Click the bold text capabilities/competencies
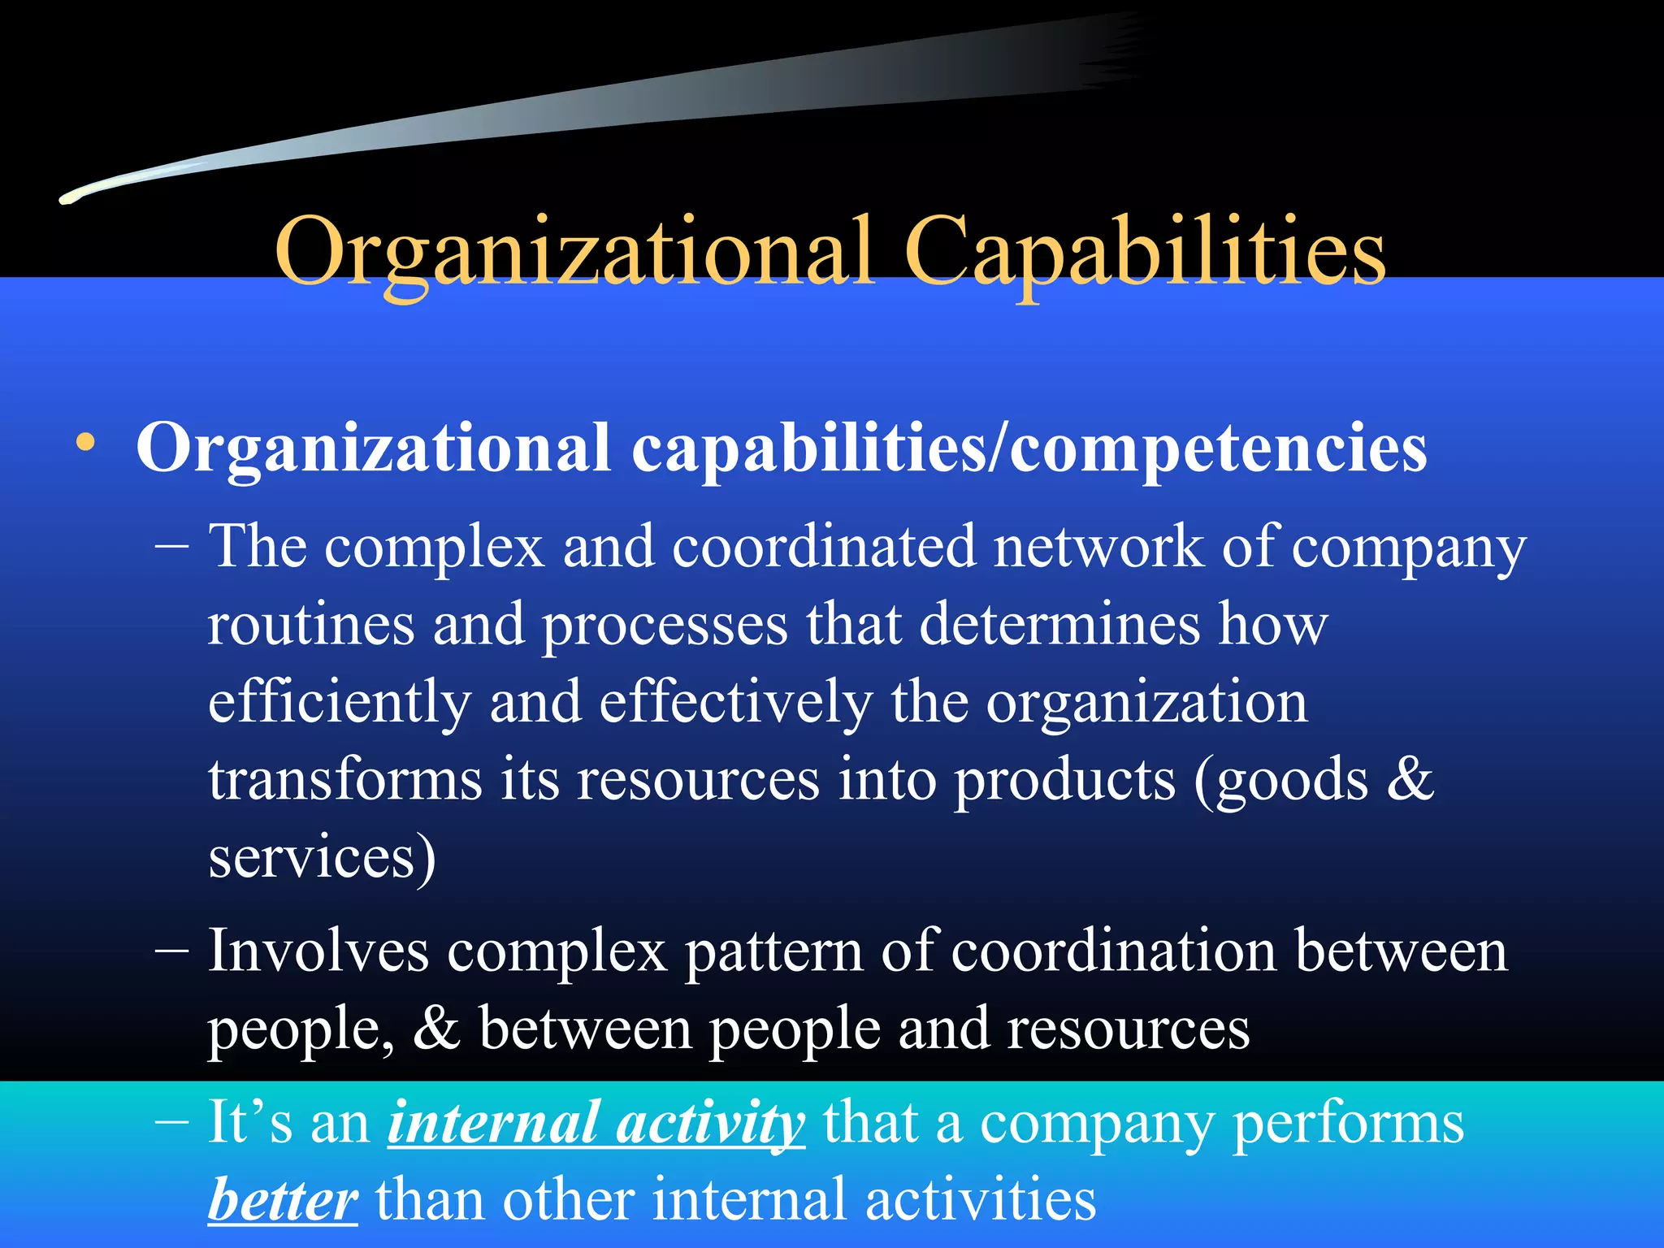1029,448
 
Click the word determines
1059,624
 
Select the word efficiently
339,702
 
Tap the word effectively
735,702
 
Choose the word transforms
345,780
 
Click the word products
1064,780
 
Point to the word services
313,858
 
